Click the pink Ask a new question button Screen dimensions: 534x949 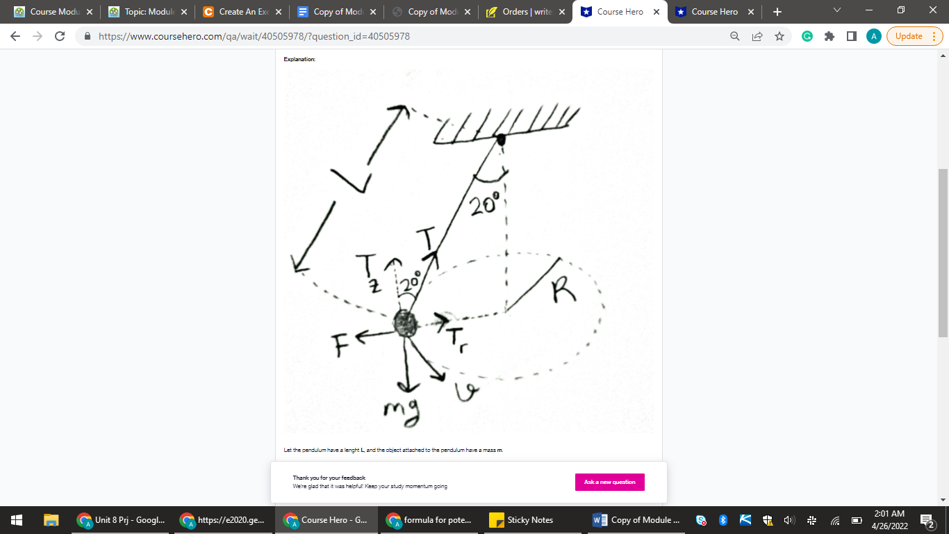click(609, 482)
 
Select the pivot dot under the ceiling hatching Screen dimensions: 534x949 click(500, 140)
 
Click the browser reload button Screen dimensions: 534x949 click(60, 36)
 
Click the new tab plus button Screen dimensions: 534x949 click(777, 12)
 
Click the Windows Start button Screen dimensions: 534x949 click(17, 520)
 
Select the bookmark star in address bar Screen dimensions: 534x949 click(779, 36)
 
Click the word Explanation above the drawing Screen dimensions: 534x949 click(299, 60)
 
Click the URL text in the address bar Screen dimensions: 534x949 click(254, 36)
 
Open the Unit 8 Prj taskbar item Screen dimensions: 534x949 click(122, 520)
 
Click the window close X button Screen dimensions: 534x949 click(932, 10)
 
